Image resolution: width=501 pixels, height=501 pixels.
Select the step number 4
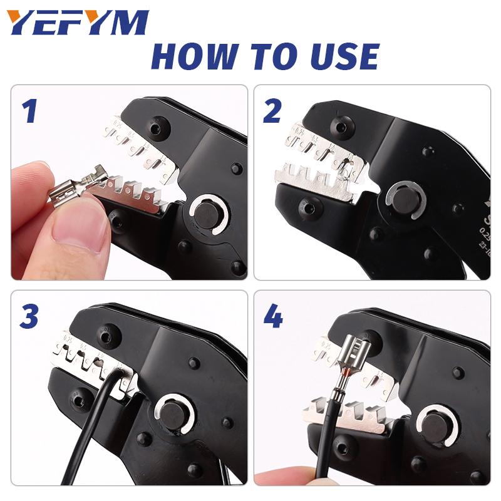coord(273,317)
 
